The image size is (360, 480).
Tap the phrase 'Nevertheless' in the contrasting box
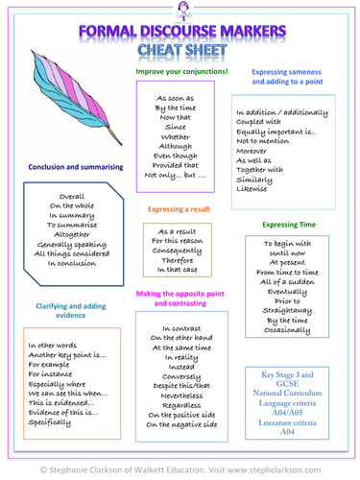click(x=181, y=396)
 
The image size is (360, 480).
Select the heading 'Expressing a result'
click(x=179, y=209)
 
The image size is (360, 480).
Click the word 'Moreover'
click(x=252, y=151)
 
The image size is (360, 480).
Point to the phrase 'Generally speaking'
click(x=72, y=245)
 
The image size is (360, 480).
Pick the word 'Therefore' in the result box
click(x=178, y=260)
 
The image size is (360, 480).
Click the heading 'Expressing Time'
click(x=289, y=225)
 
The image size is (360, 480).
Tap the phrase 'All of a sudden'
click(x=287, y=282)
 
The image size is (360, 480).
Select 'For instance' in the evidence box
click(x=50, y=374)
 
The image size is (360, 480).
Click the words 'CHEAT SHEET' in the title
click(x=182, y=50)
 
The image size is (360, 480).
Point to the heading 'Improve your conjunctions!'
click(x=181, y=71)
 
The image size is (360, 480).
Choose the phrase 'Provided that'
click(x=175, y=165)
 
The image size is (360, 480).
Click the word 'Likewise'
click(x=252, y=189)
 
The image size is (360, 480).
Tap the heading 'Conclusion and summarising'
click(x=76, y=167)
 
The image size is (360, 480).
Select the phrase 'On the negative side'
click(x=181, y=424)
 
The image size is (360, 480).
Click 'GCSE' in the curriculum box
click(x=287, y=384)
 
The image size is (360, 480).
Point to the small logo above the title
click(x=183, y=11)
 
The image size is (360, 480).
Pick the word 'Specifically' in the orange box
click(x=49, y=422)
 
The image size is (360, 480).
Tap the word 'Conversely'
click(x=181, y=376)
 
